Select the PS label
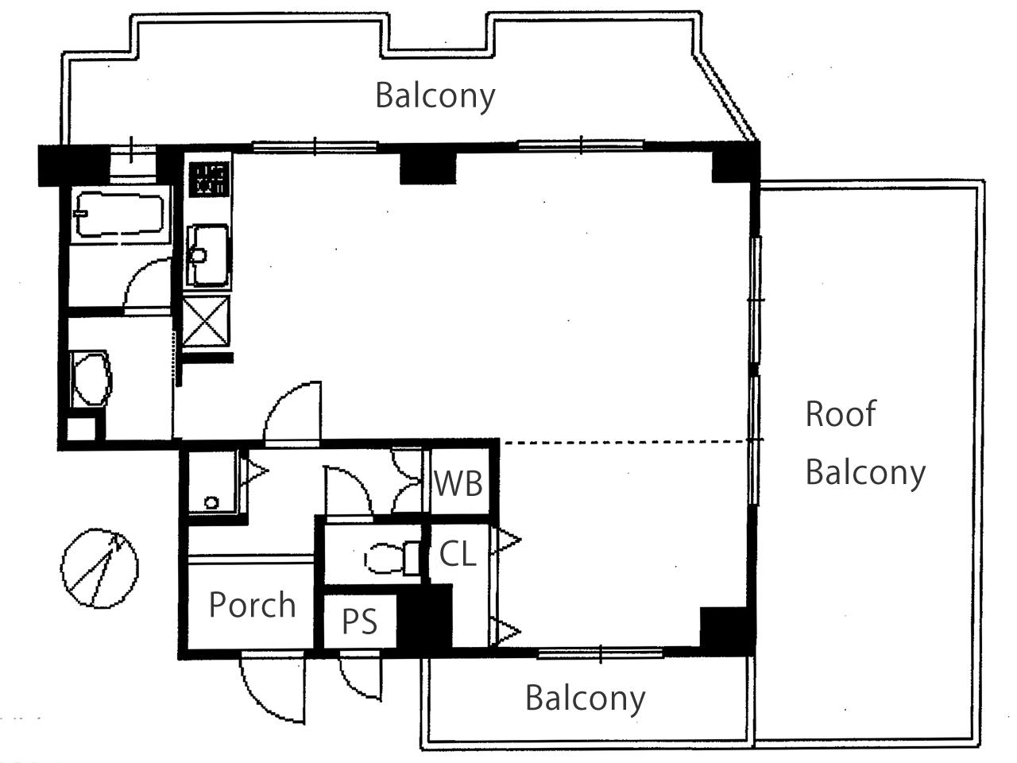pos(360,622)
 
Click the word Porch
pos(252,605)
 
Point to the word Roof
pos(841,413)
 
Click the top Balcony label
pos(435,96)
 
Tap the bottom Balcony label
pos(586,699)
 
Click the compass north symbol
pos(99,568)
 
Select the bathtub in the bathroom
pos(120,215)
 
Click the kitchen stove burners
pos(209,178)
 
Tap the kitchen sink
pos(207,255)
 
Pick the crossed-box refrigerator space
pos(206,322)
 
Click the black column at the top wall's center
pos(427,167)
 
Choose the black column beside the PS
pos(425,616)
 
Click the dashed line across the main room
pos(625,443)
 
